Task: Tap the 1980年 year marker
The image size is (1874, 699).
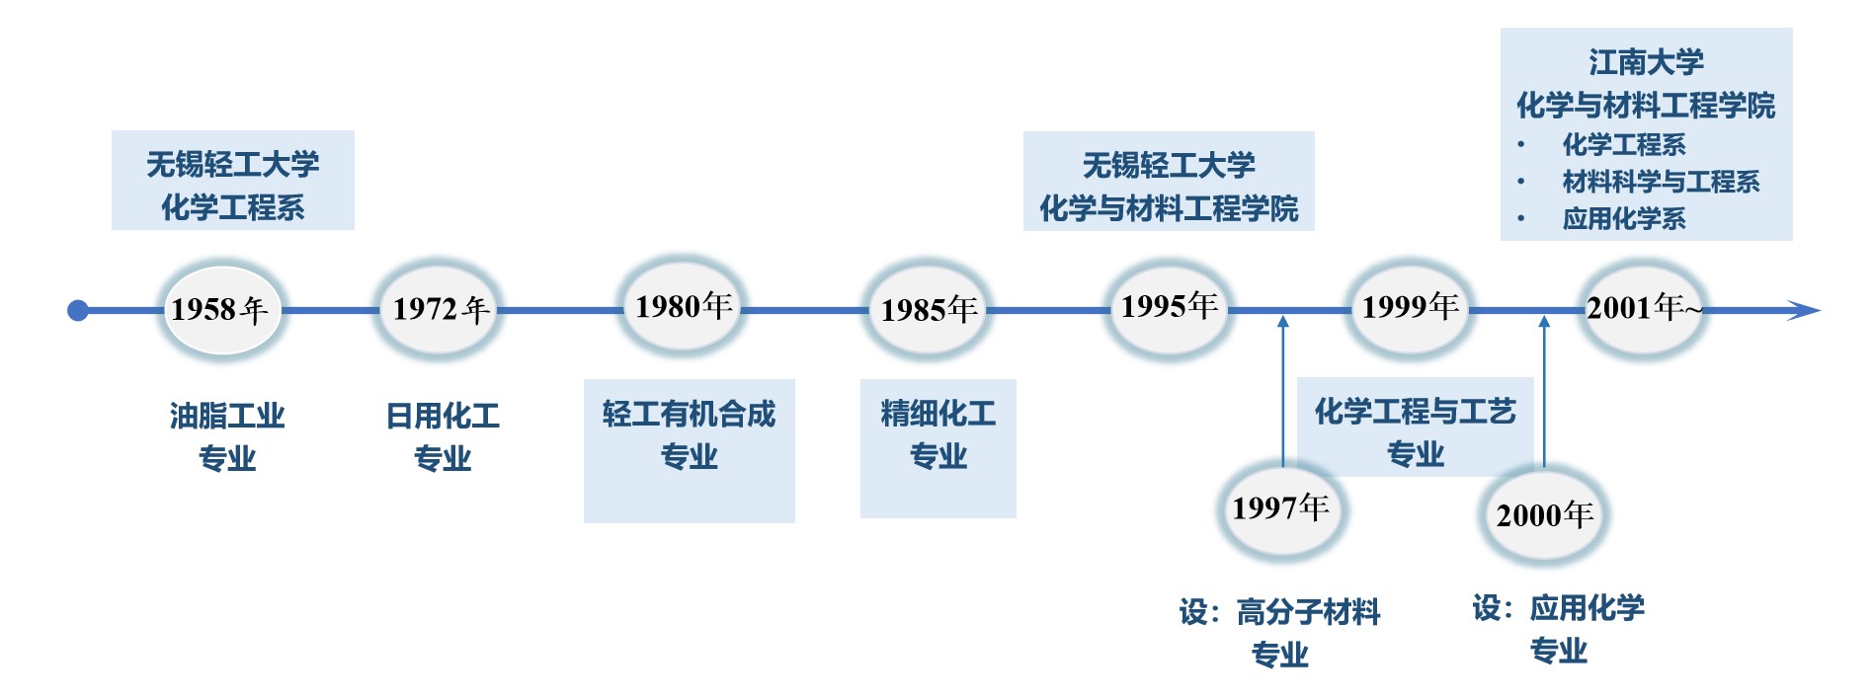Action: tap(683, 307)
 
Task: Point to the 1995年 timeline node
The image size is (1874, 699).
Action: tap(1169, 307)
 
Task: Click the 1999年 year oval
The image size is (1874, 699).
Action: tap(1410, 307)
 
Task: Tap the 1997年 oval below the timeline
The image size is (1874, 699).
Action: tap(1280, 509)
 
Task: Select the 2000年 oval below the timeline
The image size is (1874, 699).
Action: tap(1544, 515)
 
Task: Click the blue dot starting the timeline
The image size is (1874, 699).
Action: tap(78, 311)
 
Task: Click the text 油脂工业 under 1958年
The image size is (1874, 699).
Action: tap(227, 416)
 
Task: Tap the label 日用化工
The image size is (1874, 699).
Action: tap(443, 416)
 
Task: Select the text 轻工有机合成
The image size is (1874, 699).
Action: tap(689, 414)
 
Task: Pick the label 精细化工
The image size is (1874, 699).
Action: tap(937, 414)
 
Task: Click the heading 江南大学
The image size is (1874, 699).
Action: tap(1646, 62)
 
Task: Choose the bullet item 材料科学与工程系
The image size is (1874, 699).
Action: tap(1661, 182)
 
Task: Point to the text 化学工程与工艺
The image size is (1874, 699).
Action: tap(1415, 412)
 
